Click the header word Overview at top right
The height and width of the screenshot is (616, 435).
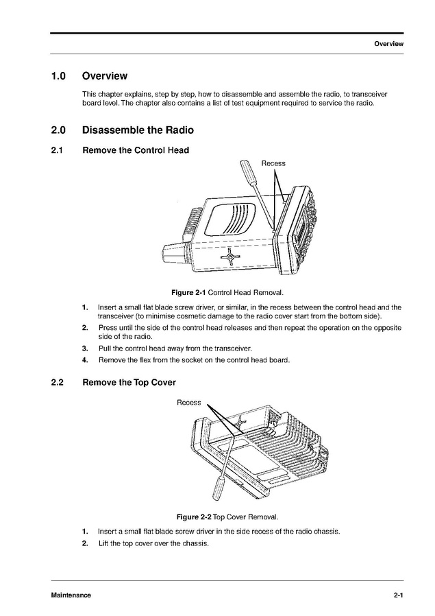(x=388, y=44)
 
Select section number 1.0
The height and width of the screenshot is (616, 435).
(x=58, y=76)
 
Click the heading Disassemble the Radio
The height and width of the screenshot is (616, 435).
(x=138, y=130)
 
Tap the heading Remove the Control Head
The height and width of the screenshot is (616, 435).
(x=136, y=150)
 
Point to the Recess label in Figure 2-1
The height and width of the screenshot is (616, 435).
(x=273, y=163)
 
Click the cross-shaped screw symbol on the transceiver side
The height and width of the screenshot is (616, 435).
(x=233, y=258)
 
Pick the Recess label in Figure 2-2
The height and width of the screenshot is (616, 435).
(x=189, y=403)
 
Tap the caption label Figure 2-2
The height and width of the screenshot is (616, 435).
(x=195, y=517)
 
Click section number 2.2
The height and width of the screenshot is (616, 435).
(x=58, y=383)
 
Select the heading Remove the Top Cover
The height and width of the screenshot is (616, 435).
(x=129, y=383)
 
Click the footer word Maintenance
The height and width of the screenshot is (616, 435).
(x=71, y=595)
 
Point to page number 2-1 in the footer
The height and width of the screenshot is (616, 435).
(x=398, y=595)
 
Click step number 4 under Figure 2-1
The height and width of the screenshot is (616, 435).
(x=85, y=360)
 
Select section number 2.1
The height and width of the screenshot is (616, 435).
(x=58, y=150)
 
